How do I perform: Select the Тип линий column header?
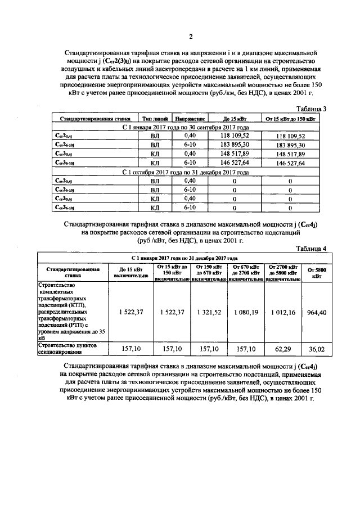coord(155,119)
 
